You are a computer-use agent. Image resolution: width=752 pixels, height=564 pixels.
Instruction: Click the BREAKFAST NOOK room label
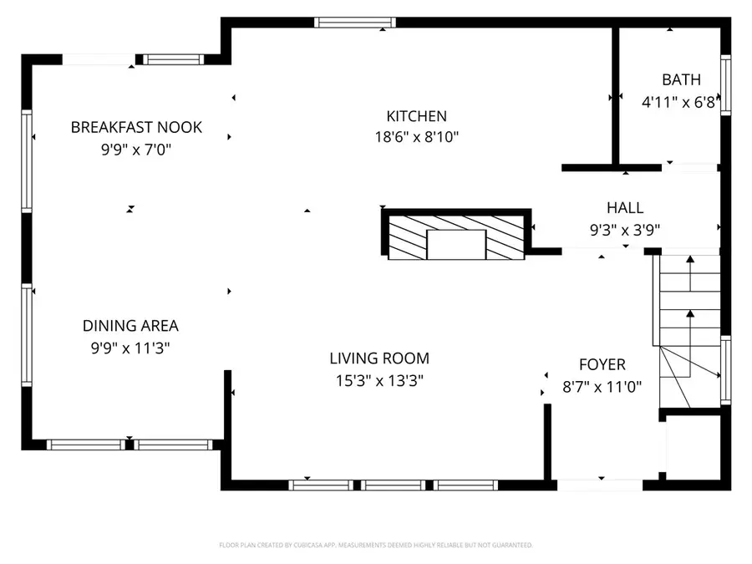[x=136, y=128]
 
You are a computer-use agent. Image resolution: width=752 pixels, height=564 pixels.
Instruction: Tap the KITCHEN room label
[x=416, y=117]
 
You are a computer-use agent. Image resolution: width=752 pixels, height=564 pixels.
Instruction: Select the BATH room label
[x=681, y=80]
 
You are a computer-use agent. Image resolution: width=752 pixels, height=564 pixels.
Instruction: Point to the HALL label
[x=625, y=208]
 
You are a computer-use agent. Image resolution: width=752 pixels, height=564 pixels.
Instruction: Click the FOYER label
[x=602, y=365]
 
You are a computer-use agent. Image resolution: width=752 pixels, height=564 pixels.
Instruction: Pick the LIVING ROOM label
[x=379, y=359]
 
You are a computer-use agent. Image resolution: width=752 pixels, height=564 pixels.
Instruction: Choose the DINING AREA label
[x=130, y=327]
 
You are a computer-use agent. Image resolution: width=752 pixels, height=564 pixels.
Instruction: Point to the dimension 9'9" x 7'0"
[x=136, y=150]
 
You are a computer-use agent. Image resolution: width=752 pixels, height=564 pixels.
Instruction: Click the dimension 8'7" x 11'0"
[x=602, y=387]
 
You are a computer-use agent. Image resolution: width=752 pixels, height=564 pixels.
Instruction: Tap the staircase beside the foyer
[x=689, y=330]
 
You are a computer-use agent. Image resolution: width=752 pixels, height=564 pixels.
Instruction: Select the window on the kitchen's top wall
[x=353, y=23]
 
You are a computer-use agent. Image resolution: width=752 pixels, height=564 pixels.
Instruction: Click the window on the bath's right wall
[x=725, y=84]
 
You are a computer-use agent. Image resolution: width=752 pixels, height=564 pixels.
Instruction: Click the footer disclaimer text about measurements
[x=375, y=545]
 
